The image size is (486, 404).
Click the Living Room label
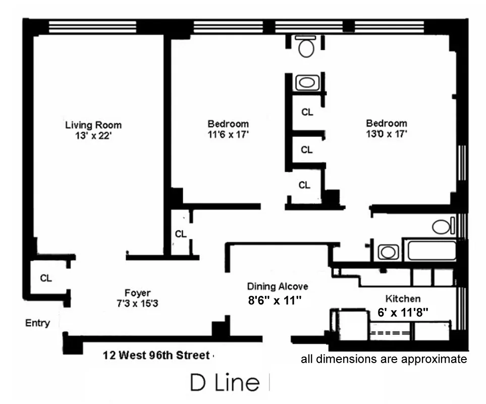(x=93, y=125)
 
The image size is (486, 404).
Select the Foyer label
(x=137, y=293)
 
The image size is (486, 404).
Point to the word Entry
(x=37, y=323)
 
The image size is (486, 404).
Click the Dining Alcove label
(x=277, y=287)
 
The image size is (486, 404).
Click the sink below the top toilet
(x=305, y=82)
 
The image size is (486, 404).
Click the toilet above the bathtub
(x=442, y=227)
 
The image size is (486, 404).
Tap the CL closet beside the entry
(x=46, y=278)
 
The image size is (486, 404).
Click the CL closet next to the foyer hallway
(x=181, y=234)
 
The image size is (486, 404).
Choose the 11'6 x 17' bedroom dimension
(x=228, y=134)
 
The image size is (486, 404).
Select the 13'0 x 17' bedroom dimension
(x=386, y=134)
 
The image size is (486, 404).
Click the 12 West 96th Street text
(x=155, y=356)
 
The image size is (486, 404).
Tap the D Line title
(x=225, y=383)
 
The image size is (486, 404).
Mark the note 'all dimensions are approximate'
(x=384, y=360)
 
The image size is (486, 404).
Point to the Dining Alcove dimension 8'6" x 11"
(x=275, y=300)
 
